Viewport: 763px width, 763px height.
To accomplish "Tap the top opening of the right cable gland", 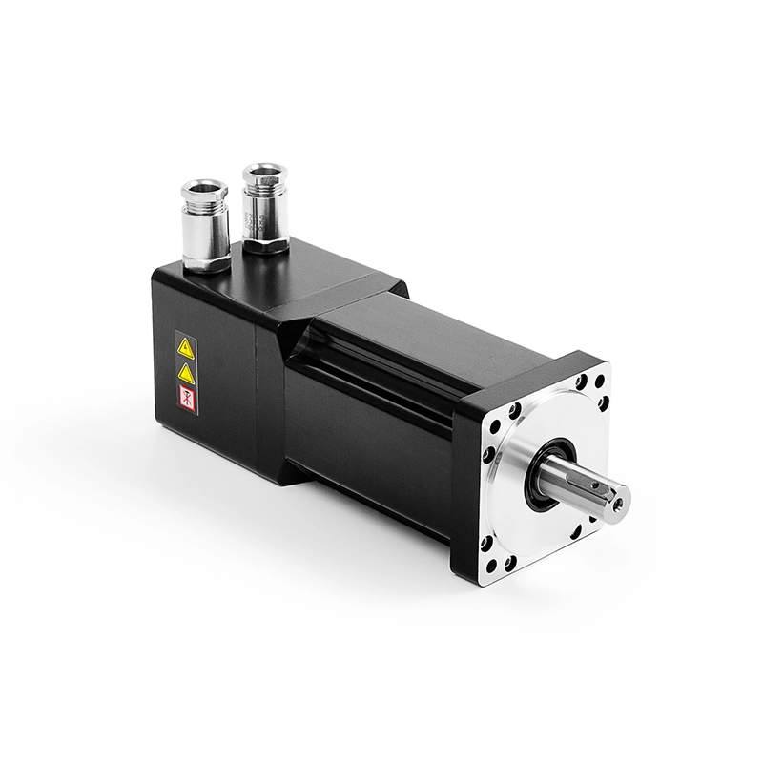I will click(264, 172).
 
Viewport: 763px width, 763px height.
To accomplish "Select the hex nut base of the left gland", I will click(206, 259).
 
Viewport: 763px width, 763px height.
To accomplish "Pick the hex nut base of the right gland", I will click(266, 244).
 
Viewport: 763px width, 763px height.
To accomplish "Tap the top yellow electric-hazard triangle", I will click(186, 349).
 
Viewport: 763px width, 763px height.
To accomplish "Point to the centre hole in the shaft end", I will click(616, 499).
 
